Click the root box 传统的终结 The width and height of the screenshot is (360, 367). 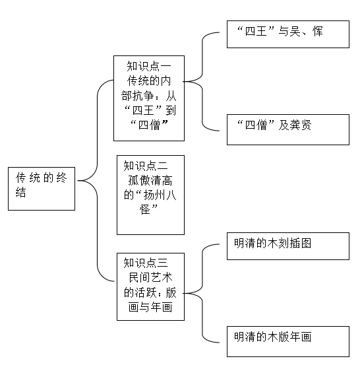point(42,189)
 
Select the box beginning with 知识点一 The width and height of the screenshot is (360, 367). point(149,98)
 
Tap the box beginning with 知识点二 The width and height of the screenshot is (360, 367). point(150,195)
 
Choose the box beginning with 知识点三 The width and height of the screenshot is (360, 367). point(150,286)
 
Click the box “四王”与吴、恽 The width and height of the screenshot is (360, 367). point(288,34)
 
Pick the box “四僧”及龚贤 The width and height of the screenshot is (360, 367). point(288,129)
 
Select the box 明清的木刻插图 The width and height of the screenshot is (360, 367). point(288,246)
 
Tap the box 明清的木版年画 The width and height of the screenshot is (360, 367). point(288,341)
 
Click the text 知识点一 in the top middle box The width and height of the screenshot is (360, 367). point(149,66)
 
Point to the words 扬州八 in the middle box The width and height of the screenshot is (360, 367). point(160,195)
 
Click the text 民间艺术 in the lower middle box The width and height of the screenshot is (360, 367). point(150,278)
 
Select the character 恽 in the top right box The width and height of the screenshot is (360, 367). point(318,31)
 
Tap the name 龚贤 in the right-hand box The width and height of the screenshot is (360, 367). point(301,125)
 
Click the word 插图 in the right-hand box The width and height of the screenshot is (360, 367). point(301,243)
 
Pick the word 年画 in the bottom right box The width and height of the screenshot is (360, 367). point(301,337)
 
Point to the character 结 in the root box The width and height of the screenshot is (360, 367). point(21,192)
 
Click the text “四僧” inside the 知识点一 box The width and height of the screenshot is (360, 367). point(149,125)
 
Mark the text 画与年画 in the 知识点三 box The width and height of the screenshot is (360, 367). point(150,307)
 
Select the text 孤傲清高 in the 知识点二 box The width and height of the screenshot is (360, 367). point(150,181)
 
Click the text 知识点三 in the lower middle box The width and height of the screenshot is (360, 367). point(146,263)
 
